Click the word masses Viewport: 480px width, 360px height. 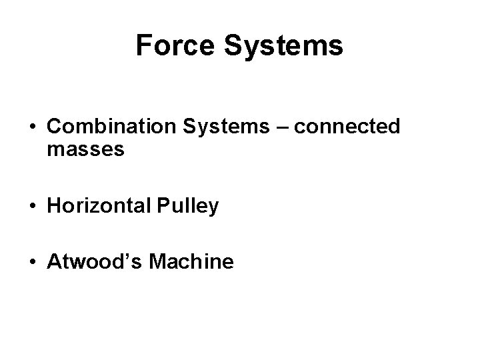(85, 150)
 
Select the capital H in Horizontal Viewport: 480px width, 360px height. (54, 207)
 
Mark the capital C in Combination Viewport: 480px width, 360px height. (55, 127)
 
